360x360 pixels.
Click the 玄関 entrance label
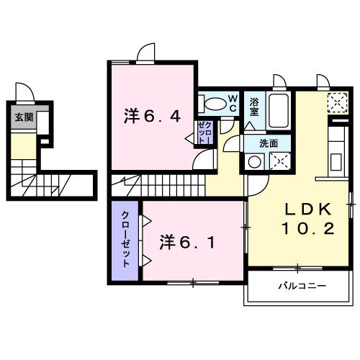(x=24, y=117)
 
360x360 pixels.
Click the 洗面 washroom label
(x=269, y=143)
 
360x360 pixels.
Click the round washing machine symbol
(x=254, y=162)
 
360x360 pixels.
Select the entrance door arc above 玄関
(x=24, y=93)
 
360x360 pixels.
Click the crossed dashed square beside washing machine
(x=279, y=161)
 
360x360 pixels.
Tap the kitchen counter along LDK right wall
(x=337, y=155)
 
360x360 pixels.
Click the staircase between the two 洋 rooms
(x=155, y=183)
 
